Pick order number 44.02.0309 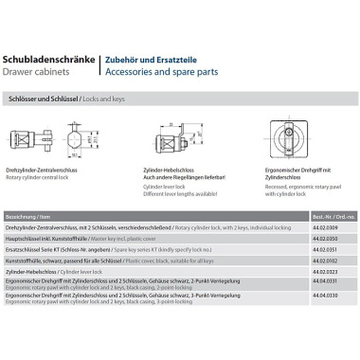pyautogui.click(x=323, y=226)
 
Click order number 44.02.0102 pyautogui.click(x=323, y=258)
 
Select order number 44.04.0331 pyautogui.click(x=323, y=281)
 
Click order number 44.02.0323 pyautogui.click(x=323, y=270)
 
